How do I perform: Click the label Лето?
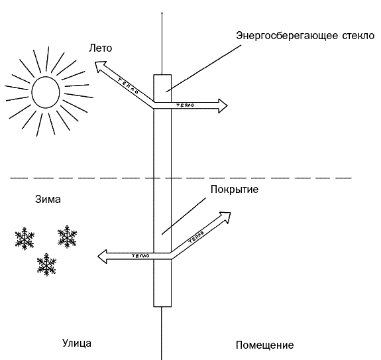tap(100, 48)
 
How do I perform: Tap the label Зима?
tap(48, 200)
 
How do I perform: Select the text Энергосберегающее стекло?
tap(305, 36)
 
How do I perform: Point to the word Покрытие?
tap(235, 190)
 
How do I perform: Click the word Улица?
tap(77, 343)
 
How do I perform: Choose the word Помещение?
tap(264, 345)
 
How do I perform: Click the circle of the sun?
tap(46, 92)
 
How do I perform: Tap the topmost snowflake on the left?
tap(25, 238)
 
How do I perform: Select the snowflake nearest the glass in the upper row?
tap(67, 237)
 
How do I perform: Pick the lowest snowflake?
tap(46, 265)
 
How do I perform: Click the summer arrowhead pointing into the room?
tap(223, 105)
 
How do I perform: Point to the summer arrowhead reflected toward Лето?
tap(99, 66)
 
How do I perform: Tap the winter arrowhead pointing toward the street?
tap(102, 257)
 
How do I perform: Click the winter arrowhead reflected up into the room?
tap(225, 217)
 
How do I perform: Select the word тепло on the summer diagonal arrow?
tap(128, 86)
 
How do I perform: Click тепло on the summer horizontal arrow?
tap(185, 105)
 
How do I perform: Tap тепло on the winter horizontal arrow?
tap(140, 256)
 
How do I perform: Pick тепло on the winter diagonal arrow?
tap(196, 237)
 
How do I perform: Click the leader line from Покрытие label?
tap(184, 216)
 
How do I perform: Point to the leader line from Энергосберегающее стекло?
tap(203, 68)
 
